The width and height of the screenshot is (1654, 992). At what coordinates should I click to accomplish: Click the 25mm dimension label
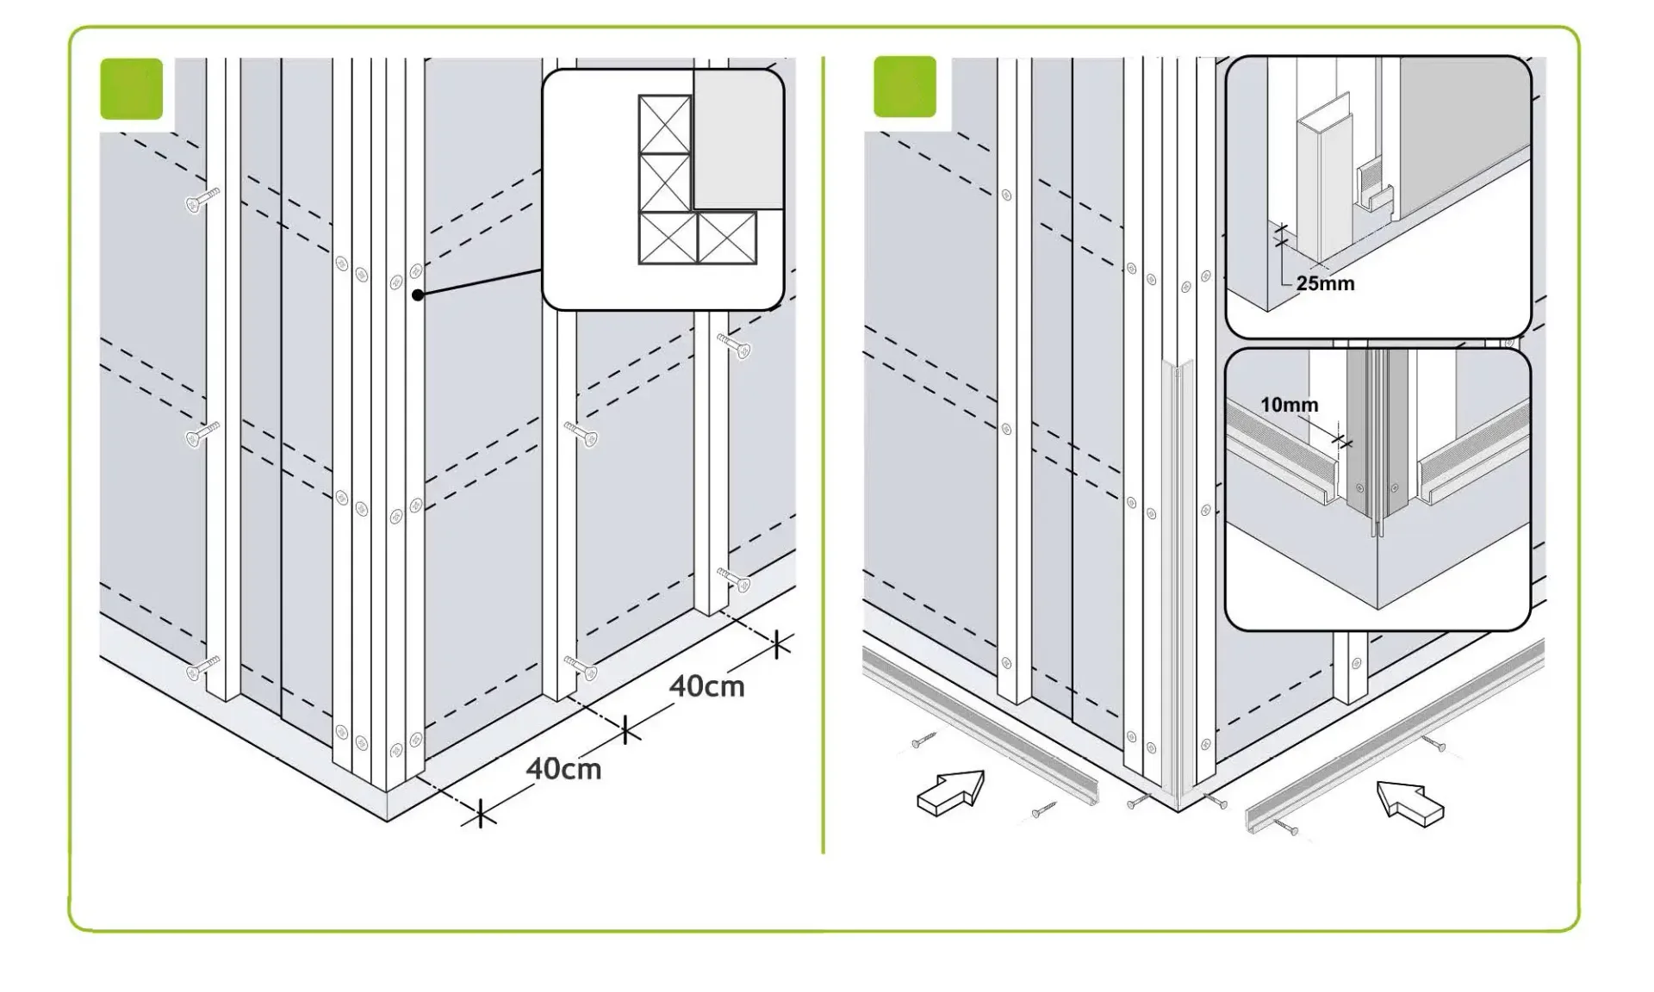(1325, 283)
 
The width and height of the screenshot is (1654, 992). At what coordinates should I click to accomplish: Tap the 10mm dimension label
(1289, 405)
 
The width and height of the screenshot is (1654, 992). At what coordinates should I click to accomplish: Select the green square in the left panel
(131, 89)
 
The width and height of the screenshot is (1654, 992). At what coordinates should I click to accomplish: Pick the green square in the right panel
(905, 86)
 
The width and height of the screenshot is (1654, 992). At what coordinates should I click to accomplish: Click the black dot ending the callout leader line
(418, 294)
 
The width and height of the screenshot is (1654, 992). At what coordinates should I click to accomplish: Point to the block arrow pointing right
(951, 792)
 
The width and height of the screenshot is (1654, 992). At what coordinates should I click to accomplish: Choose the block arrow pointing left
(1410, 803)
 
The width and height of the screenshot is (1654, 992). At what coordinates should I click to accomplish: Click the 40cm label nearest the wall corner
(563, 768)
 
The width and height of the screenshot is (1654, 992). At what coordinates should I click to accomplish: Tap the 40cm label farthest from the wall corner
(706, 686)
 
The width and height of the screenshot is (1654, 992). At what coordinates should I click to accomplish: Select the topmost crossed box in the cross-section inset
(664, 124)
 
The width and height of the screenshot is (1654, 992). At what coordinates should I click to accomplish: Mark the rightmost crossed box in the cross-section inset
(727, 238)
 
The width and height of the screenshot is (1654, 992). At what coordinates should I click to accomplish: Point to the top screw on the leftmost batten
(202, 201)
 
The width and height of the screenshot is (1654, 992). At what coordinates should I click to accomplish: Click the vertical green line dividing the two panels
(824, 455)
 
